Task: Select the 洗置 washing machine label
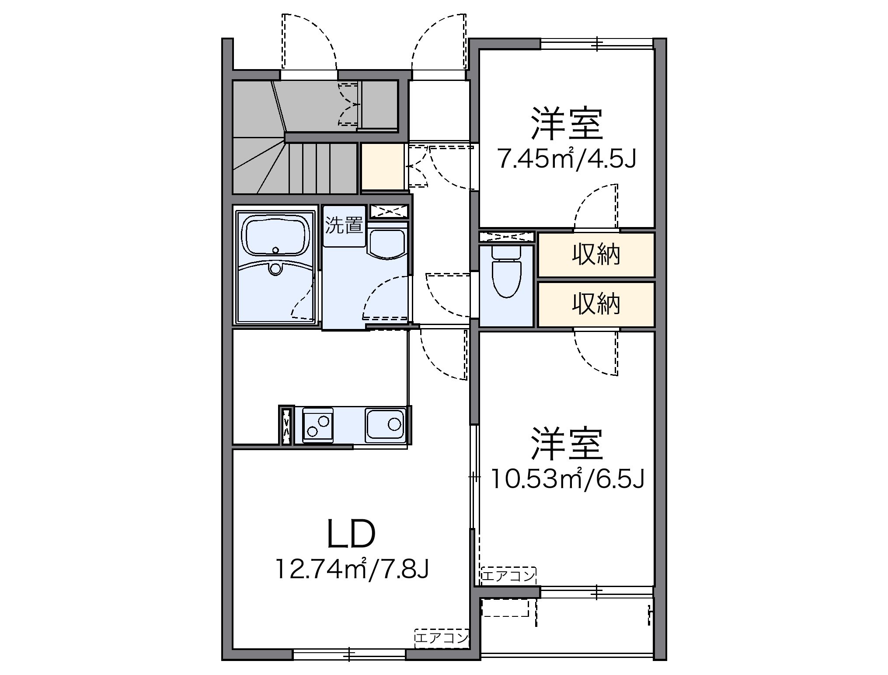pos(344,225)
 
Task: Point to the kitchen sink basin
pos(386,424)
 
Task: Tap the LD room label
pos(351,535)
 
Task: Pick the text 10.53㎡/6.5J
pos(567,479)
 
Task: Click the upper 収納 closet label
pos(596,255)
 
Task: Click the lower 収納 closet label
pos(596,304)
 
